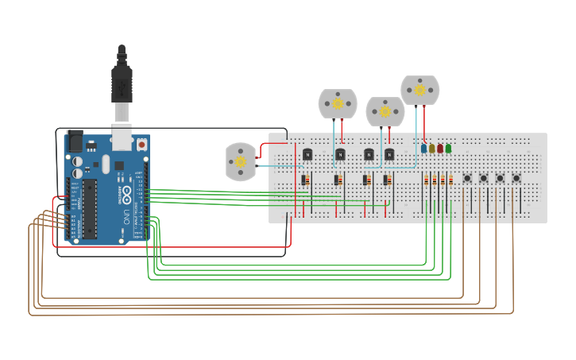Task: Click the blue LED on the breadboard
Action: point(423,148)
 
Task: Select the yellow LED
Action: point(431,148)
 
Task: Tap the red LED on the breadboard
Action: point(440,148)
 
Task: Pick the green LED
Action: point(448,148)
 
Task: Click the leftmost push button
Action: point(467,178)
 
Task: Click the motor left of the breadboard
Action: point(240,161)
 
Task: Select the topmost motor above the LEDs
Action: point(419,90)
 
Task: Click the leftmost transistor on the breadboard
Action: point(307,154)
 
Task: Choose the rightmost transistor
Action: point(389,154)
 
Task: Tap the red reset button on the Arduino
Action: point(141,145)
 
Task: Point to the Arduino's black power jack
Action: point(75,141)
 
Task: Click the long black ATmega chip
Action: point(90,208)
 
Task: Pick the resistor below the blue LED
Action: point(426,180)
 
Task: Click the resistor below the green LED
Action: point(450,180)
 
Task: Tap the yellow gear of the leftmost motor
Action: point(240,161)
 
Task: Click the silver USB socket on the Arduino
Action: point(122,138)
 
